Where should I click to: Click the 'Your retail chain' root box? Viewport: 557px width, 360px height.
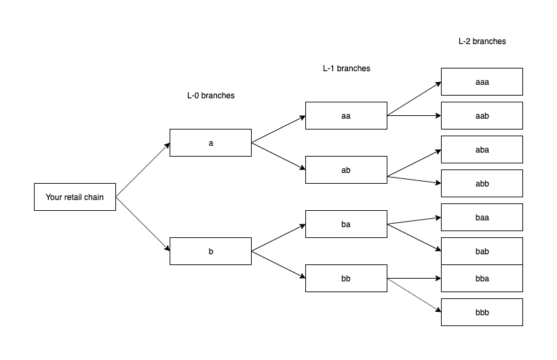[x=75, y=197]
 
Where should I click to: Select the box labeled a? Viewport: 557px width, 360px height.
[x=210, y=143]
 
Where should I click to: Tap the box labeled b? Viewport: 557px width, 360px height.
[x=210, y=252]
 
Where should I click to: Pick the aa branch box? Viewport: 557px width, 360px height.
[x=346, y=116]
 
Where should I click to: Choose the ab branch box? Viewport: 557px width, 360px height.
[x=346, y=170]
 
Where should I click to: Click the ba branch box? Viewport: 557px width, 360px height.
[x=346, y=224]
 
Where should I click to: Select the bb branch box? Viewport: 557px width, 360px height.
[x=346, y=279]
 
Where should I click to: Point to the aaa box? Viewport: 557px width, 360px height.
[x=482, y=82]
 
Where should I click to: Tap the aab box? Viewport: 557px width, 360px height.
[x=482, y=116]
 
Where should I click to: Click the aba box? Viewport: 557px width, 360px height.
[x=482, y=150]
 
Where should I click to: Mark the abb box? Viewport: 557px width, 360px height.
[x=482, y=184]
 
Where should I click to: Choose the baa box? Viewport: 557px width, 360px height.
[x=482, y=218]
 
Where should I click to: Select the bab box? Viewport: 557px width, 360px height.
[x=482, y=252]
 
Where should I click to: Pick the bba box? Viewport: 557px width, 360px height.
[x=482, y=279]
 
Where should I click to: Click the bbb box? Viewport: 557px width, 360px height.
[x=482, y=313]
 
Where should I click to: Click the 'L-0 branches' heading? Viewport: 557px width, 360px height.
[x=210, y=96]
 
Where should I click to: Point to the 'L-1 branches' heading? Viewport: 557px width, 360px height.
[x=346, y=68]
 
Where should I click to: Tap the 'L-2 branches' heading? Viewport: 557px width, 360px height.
[x=482, y=41]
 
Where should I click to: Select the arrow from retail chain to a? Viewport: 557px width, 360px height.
[x=142, y=170]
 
